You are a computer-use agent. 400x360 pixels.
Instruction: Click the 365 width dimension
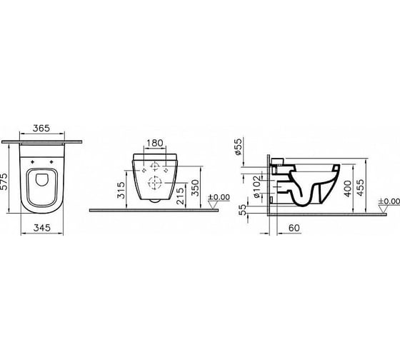pyautogui.click(x=41, y=128)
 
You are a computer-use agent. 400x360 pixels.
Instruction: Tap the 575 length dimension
pyautogui.click(x=4, y=181)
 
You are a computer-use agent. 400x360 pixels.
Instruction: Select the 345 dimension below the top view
pyautogui.click(x=42, y=228)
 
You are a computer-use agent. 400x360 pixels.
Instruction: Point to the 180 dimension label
pyautogui.click(x=155, y=143)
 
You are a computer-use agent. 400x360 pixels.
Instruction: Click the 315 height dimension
pyautogui.click(x=121, y=190)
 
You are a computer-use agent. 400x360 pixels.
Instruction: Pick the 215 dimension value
pyautogui.click(x=180, y=196)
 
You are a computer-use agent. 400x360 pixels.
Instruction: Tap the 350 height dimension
pyautogui.click(x=196, y=188)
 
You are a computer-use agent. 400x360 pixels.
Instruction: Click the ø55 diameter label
pyautogui.click(x=237, y=146)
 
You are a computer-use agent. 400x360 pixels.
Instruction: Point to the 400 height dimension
pyautogui.click(x=347, y=189)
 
